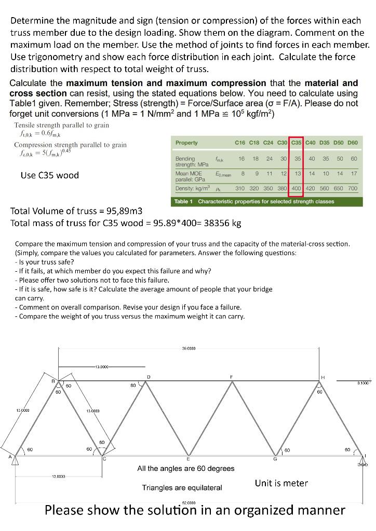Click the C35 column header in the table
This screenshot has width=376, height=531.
click(x=296, y=143)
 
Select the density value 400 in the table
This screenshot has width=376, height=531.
click(x=296, y=188)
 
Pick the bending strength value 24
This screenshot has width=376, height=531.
click(x=269, y=159)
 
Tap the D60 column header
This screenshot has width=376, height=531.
click(x=352, y=143)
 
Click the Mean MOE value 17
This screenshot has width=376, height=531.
click(x=354, y=174)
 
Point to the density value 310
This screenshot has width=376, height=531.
click(x=240, y=188)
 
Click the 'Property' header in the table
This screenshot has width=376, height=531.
click(x=186, y=143)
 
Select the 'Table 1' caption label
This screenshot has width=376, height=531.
click(x=184, y=201)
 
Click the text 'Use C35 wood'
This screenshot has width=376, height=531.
click(x=50, y=175)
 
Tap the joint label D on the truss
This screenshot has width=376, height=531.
click(x=150, y=376)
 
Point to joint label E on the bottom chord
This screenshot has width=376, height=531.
click(x=187, y=459)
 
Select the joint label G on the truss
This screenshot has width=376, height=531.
click(x=275, y=459)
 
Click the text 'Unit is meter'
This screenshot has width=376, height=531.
click(x=281, y=483)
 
